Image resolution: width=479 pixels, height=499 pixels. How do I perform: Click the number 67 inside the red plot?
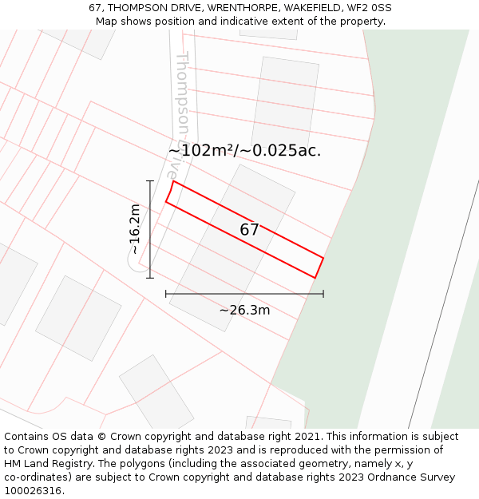pos(249,230)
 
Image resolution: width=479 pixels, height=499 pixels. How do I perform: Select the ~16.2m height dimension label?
pos(135,229)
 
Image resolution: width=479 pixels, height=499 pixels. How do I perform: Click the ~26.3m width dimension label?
pos(244,310)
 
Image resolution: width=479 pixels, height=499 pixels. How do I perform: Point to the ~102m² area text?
pos(200,150)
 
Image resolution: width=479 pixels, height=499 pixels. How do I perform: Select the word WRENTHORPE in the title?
pos(239,8)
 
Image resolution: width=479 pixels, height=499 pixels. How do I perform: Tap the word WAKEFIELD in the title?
pos(310,8)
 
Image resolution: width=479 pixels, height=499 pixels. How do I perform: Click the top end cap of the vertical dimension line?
pos(149,181)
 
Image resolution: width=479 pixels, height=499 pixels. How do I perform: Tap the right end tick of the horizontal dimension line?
pos(323,294)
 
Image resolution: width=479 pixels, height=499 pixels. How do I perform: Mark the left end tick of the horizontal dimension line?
pos(166,294)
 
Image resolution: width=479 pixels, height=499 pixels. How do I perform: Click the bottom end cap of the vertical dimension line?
pos(149,278)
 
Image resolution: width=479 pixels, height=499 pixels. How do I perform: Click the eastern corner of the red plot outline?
pos(323,258)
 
